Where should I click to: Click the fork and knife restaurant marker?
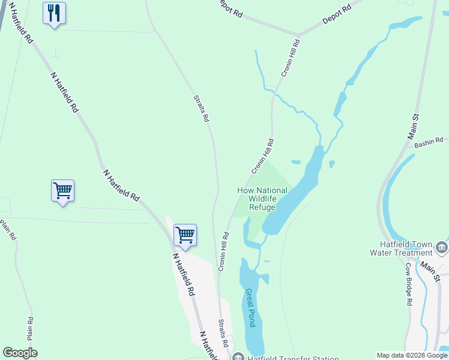click(x=55, y=13)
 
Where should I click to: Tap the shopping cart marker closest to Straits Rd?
click(x=185, y=235)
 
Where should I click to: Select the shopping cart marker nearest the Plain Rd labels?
click(x=62, y=191)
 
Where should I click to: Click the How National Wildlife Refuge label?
click(x=262, y=199)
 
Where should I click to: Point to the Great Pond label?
click(x=251, y=307)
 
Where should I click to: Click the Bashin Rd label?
click(x=427, y=142)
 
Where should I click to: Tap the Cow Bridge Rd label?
click(x=408, y=284)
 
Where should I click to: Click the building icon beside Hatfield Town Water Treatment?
click(x=442, y=247)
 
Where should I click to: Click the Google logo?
click(x=20, y=353)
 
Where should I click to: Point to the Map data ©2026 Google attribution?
click(x=411, y=355)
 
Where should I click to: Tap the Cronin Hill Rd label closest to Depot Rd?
click(x=290, y=58)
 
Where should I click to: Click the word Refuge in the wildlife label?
click(x=262, y=208)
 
